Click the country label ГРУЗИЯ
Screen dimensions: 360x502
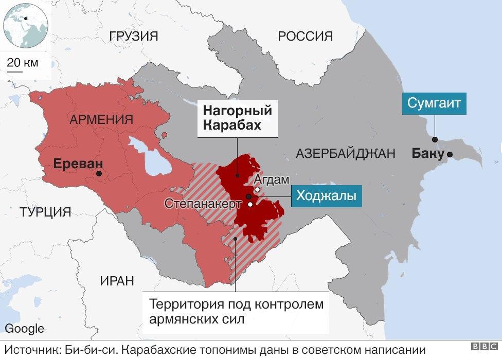point(133,36)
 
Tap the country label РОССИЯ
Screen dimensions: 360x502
point(305,36)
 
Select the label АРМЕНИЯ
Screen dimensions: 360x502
point(101,119)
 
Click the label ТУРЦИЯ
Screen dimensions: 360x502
point(45,212)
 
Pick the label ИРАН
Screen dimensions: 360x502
point(117,281)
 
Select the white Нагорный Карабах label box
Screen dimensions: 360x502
point(237,118)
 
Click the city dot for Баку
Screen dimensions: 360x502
point(450,154)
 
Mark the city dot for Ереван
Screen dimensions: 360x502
point(99,174)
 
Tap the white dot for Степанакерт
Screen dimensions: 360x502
point(250,204)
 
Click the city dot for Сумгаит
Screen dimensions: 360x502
point(435,139)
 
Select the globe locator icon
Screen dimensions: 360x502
point(26,25)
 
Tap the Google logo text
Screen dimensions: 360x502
point(25,329)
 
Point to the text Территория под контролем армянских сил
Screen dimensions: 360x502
point(236,311)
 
